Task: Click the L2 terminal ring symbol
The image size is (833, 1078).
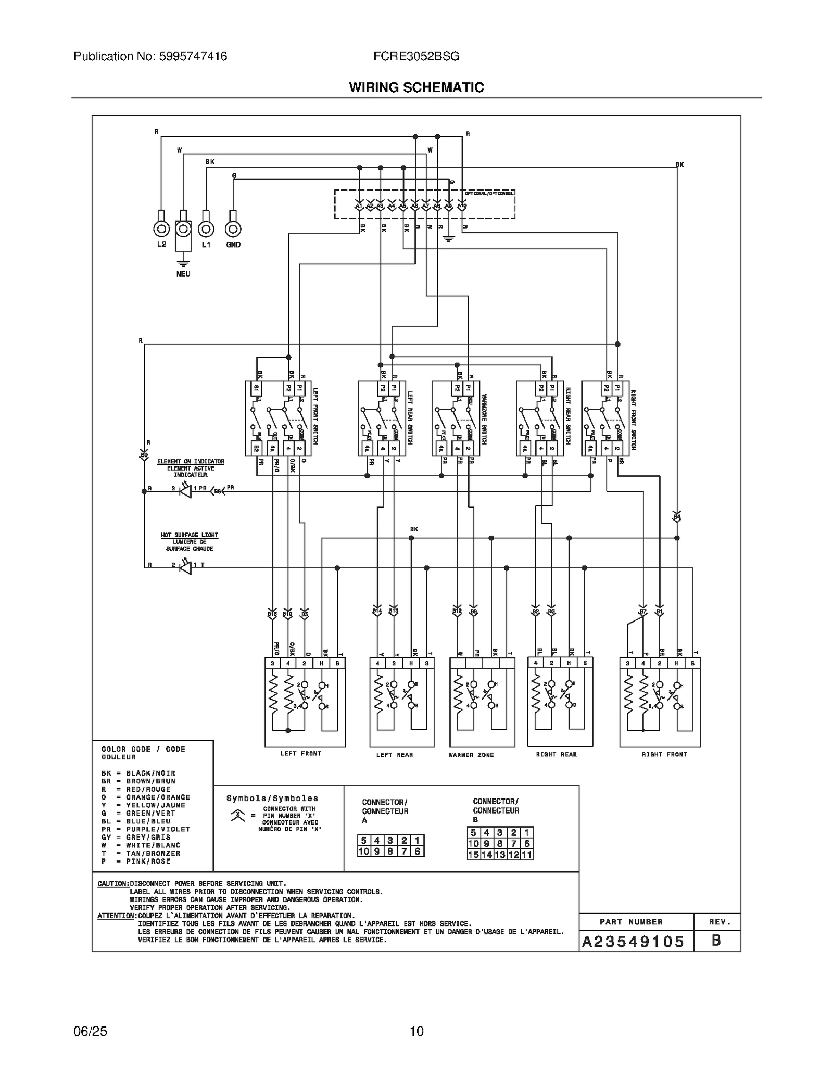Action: pyautogui.click(x=161, y=229)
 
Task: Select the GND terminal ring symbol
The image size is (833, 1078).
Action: pyautogui.click(x=233, y=229)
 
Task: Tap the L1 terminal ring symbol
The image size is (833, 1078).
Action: pyautogui.click(x=206, y=229)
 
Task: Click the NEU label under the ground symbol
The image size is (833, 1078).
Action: pyautogui.click(x=183, y=274)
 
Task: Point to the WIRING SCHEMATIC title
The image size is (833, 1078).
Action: pyautogui.click(x=416, y=87)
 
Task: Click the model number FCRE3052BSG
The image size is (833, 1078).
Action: pyautogui.click(x=416, y=56)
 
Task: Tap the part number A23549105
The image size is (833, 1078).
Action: pyautogui.click(x=633, y=941)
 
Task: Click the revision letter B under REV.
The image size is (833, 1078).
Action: pyautogui.click(x=716, y=941)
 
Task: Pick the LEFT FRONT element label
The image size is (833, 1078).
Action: pyautogui.click(x=301, y=754)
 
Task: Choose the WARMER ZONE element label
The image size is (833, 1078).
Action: pyautogui.click(x=471, y=755)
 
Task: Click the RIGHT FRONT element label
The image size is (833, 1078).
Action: pyautogui.click(x=664, y=754)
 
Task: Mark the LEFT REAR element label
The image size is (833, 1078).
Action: pyautogui.click(x=395, y=755)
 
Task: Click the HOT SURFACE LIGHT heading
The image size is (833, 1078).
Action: pyautogui.click(x=190, y=535)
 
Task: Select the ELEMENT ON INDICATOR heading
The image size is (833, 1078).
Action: pyautogui.click(x=191, y=462)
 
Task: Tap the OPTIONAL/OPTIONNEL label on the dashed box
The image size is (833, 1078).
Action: pyautogui.click(x=489, y=193)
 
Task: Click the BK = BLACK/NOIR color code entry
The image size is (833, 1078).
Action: pyautogui.click(x=138, y=773)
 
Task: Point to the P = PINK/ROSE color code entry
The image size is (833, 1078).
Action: pyautogui.click(x=136, y=861)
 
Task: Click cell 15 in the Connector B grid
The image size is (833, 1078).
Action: pyautogui.click(x=473, y=855)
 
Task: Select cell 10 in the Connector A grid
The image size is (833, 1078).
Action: pyautogui.click(x=364, y=852)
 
